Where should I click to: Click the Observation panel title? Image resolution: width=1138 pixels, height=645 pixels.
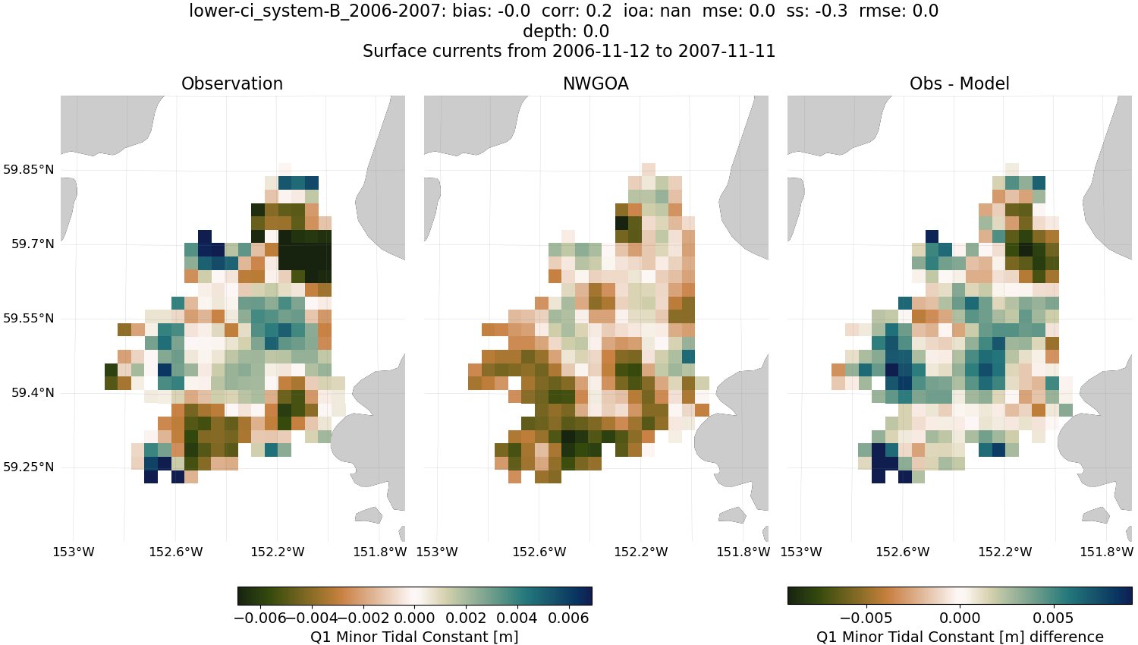click(x=232, y=84)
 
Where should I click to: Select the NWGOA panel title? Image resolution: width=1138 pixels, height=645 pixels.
click(x=596, y=84)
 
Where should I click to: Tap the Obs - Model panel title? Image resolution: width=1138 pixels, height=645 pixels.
click(x=959, y=84)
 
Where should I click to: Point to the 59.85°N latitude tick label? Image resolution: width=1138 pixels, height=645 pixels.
click(x=29, y=170)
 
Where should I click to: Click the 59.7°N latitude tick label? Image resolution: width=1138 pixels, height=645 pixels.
click(x=33, y=244)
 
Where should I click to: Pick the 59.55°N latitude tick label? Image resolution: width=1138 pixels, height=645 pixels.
click(x=29, y=319)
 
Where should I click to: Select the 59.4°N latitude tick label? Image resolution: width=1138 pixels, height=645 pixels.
click(x=33, y=393)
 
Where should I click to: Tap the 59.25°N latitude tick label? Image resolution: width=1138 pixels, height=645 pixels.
click(x=29, y=467)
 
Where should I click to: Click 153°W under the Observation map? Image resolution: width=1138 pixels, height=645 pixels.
click(x=74, y=552)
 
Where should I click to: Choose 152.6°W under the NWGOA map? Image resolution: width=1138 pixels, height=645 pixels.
click(x=539, y=552)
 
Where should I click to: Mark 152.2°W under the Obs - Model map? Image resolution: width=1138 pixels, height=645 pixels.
click(x=1004, y=552)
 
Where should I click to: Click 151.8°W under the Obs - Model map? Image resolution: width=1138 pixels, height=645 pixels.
click(x=1107, y=552)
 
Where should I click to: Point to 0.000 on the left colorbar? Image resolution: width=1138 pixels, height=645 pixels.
click(x=415, y=618)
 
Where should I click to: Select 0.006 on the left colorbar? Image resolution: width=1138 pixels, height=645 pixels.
click(x=569, y=618)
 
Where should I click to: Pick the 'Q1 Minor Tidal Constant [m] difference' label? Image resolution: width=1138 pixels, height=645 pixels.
click(x=960, y=637)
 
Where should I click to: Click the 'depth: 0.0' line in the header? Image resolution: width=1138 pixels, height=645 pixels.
click(x=566, y=32)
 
